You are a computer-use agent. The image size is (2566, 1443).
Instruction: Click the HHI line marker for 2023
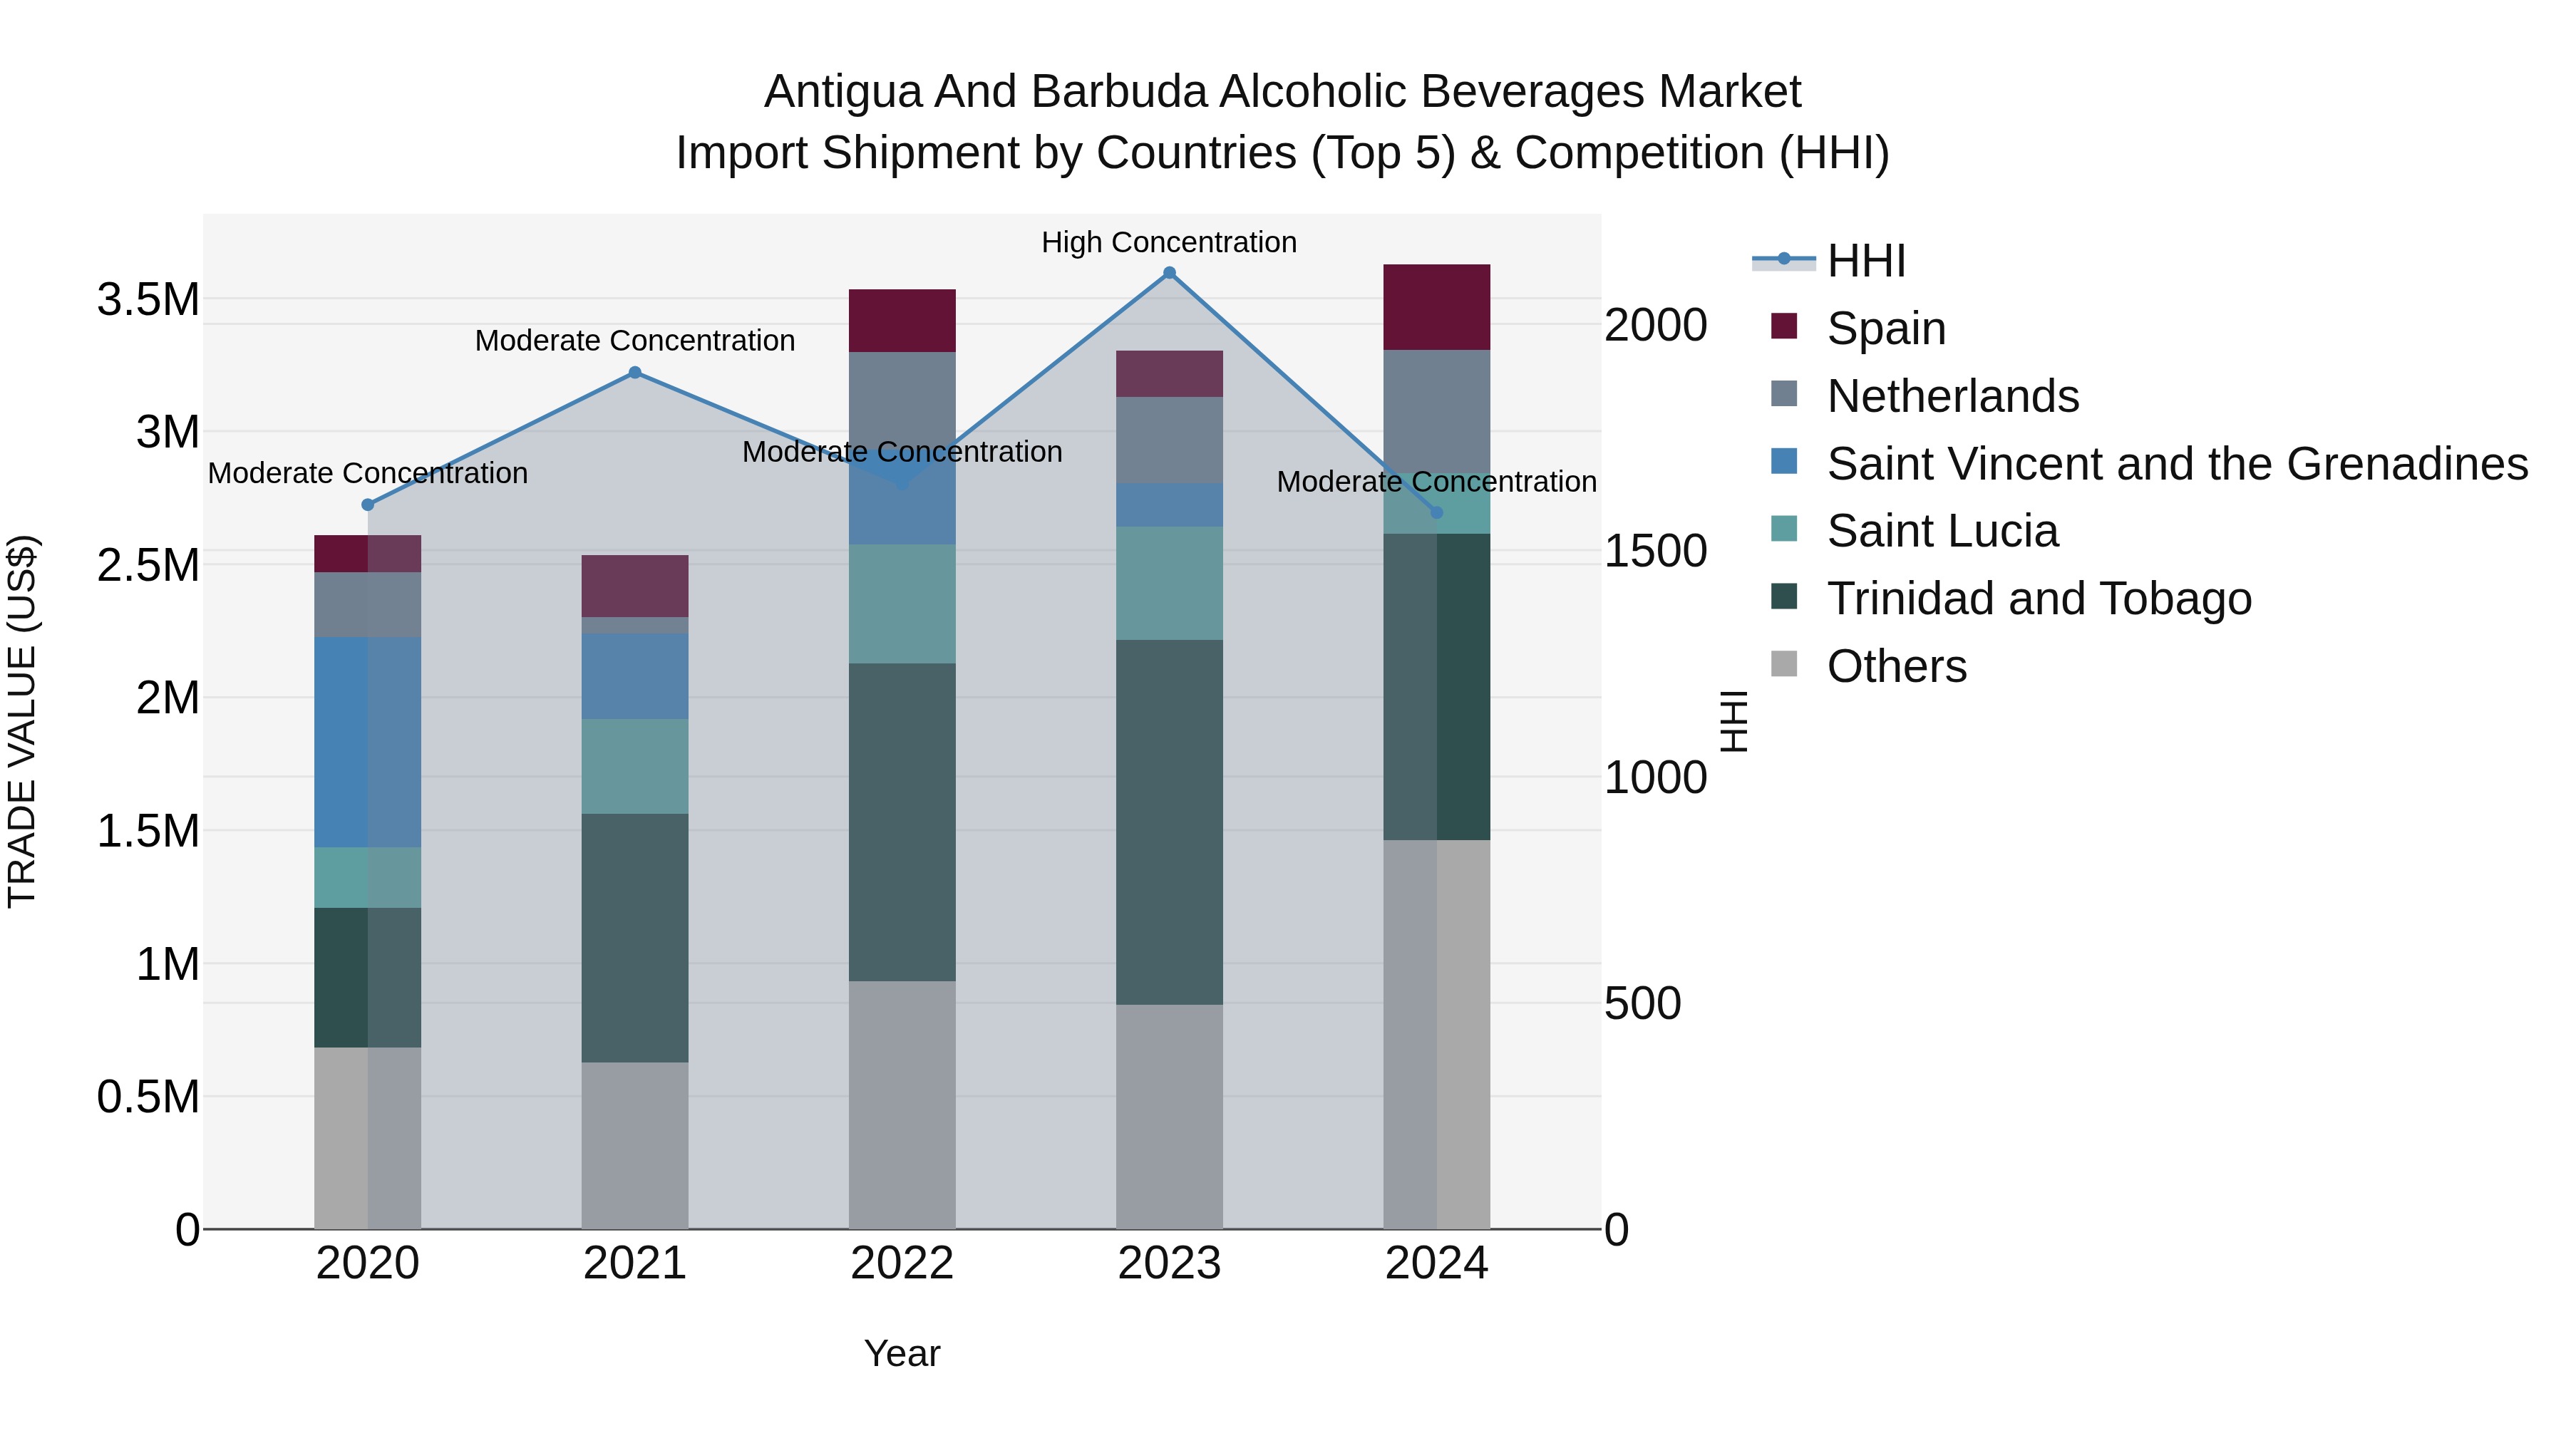click(1170, 273)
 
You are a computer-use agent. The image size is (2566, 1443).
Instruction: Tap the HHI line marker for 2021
click(634, 373)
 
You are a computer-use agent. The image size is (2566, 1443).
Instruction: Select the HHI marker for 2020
click(368, 505)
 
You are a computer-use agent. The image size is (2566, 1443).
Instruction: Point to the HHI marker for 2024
click(1436, 513)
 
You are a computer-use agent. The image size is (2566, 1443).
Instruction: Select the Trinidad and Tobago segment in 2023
click(1170, 822)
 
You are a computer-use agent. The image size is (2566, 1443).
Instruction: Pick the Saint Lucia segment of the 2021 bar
click(634, 766)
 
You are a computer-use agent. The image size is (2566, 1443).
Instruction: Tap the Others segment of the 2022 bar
click(902, 1105)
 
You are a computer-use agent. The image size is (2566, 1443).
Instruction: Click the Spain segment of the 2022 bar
click(902, 320)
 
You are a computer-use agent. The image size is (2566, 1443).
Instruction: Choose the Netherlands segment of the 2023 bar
click(1170, 440)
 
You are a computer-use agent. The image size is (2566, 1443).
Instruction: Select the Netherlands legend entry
click(1952, 395)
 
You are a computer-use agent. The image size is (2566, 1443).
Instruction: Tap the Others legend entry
click(1897, 666)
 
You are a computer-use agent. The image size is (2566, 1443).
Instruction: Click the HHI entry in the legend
click(1866, 261)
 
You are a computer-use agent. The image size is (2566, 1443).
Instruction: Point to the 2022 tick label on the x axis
click(902, 1263)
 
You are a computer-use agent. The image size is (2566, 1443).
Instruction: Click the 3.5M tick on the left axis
click(148, 299)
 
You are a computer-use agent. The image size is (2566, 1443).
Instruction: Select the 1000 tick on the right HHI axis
click(1654, 777)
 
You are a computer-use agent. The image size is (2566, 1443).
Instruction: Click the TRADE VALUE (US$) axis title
click(22, 721)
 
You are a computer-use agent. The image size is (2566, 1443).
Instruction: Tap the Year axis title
click(902, 1353)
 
